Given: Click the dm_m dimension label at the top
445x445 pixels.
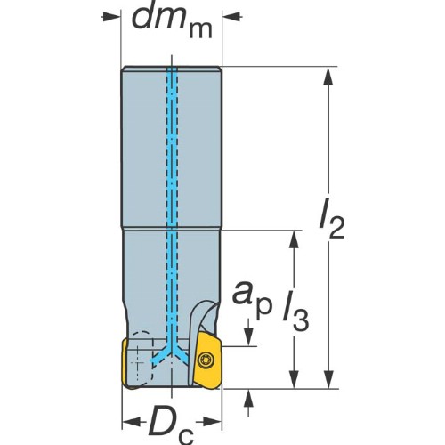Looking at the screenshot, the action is pos(172,21).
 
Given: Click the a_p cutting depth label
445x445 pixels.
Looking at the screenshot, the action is pos(252,298).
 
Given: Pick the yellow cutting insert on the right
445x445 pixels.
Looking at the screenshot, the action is pos(207,360).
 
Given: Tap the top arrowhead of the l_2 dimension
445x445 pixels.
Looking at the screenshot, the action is pos(328,76).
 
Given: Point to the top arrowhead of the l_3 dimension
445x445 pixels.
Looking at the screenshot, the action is pos(294,239).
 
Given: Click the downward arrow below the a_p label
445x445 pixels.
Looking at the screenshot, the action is pos(248,332).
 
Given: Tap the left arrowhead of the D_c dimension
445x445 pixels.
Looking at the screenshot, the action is pos(134,421).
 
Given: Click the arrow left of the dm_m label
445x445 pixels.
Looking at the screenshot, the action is pos(111,17).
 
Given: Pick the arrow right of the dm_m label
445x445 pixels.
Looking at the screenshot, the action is pos(232,17).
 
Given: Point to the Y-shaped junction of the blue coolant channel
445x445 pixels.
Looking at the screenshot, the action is pos(172,352).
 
